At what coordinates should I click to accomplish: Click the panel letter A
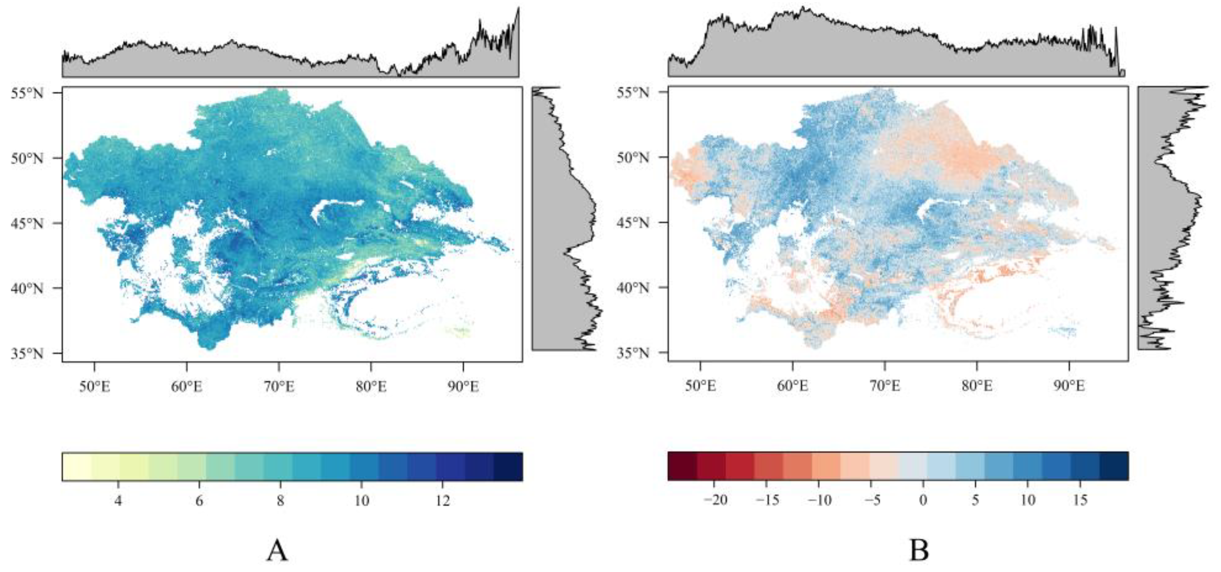point(277,551)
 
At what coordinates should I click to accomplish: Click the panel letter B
point(919,551)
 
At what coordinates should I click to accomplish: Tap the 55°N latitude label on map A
point(27,93)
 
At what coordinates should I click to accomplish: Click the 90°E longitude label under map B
point(1069,387)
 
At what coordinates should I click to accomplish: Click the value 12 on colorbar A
point(442,501)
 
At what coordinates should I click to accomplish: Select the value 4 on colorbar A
point(118,501)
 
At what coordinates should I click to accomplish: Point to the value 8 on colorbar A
point(281,501)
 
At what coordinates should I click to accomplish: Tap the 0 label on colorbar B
point(922,500)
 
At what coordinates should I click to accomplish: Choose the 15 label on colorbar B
point(1080,500)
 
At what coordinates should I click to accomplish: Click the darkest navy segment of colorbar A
point(508,467)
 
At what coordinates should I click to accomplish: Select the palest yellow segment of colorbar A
point(76,467)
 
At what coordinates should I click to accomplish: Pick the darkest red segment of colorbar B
point(682,466)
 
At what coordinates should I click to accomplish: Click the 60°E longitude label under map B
point(792,387)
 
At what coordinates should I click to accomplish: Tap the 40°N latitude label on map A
point(27,288)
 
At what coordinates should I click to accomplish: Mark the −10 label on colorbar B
point(819,500)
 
